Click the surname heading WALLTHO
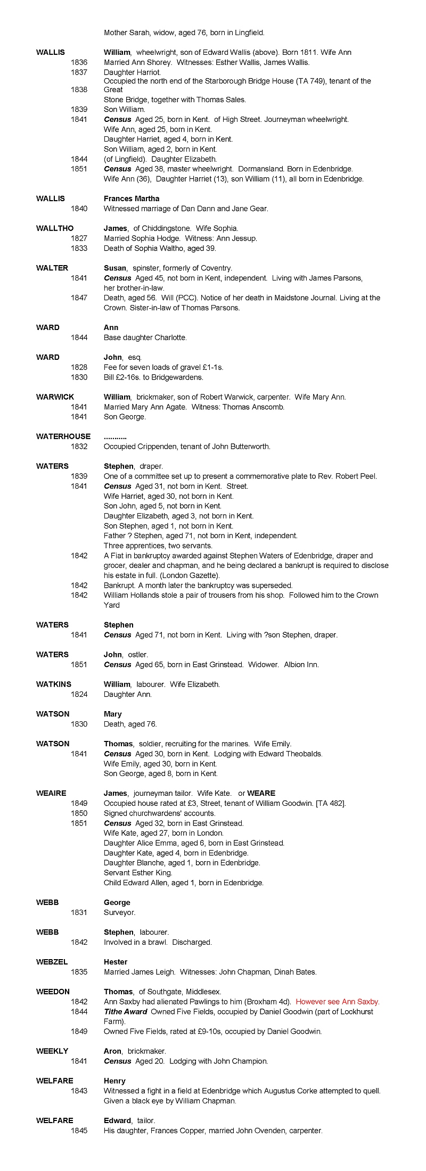(x=55, y=228)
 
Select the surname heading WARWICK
(x=55, y=397)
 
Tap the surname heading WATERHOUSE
(x=63, y=436)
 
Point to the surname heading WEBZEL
(x=52, y=962)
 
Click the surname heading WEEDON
(x=53, y=992)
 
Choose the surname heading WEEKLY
(x=52, y=1051)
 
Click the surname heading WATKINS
(x=54, y=684)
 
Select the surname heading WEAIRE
(x=51, y=793)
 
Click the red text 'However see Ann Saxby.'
(x=338, y=1002)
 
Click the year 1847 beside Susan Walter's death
(x=79, y=298)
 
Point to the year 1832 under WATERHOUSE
(x=79, y=447)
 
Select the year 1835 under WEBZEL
(x=79, y=972)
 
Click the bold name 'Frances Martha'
(x=132, y=199)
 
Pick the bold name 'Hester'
(x=116, y=962)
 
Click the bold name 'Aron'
(x=112, y=1051)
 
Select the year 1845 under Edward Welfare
(x=79, y=1131)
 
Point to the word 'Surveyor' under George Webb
(x=119, y=912)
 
